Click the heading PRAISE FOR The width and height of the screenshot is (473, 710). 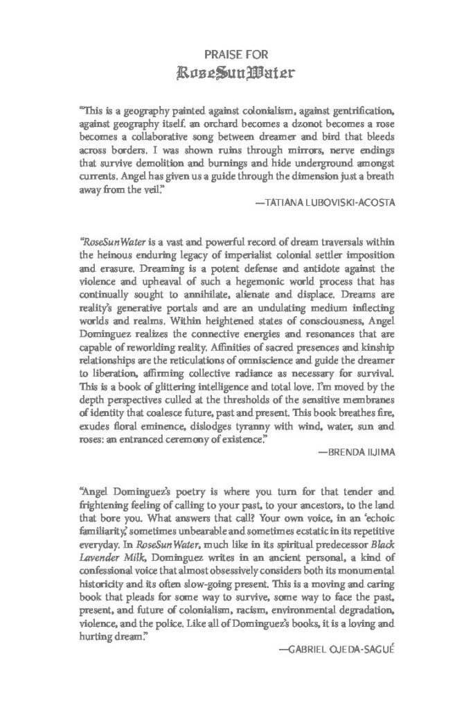tap(236, 53)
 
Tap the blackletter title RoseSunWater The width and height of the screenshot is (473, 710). tap(236, 71)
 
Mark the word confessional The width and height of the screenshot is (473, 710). tap(113, 560)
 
